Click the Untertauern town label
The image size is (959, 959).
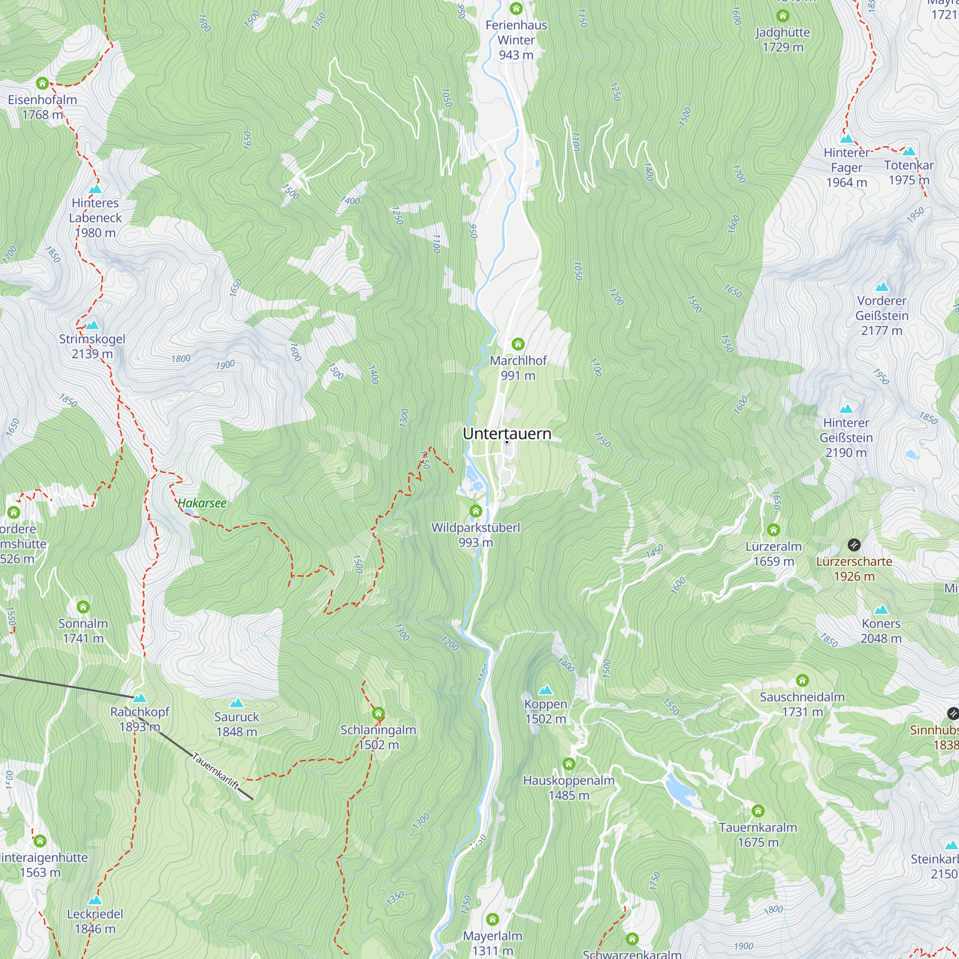[x=507, y=433]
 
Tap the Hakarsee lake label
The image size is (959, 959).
[x=202, y=503]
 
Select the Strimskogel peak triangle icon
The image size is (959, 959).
[x=93, y=325]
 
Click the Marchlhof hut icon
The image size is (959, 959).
[x=518, y=344]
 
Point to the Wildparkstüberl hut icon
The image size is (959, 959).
[x=476, y=511]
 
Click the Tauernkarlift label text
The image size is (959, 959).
[x=215, y=771]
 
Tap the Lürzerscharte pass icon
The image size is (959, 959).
[x=854, y=545]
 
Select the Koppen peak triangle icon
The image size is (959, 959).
[x=546, y=690]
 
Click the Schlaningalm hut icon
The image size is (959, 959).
[x=378, y=713]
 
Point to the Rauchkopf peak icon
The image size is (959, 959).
[x=140, y=698]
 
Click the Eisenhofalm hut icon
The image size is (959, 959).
[x=42, y=83]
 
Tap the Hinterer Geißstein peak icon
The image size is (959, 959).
[x=846, y=409]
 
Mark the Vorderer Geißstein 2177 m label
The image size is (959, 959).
[x=882, y=316]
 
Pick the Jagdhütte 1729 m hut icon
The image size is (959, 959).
[x=783, y=16]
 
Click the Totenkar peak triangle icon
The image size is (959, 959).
[x=909, y=151]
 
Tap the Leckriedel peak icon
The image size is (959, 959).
[x=95, y=900]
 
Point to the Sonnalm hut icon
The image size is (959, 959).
[x=83, y=607]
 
